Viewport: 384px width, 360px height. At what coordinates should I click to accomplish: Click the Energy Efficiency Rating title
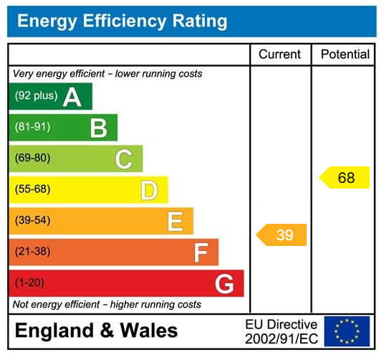point(122,21)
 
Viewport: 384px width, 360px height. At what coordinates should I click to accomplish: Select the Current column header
point(280,55)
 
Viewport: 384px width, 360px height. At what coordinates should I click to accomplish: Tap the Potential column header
point(345,55)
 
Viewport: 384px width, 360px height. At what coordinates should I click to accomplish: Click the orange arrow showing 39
point(282,235)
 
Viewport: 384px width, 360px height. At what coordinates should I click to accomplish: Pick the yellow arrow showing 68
point(345,178)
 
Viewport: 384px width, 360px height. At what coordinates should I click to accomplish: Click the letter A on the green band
point(72,97)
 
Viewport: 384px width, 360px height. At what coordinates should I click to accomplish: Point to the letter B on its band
point(98,128)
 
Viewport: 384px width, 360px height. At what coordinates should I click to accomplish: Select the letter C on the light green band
point(123,159)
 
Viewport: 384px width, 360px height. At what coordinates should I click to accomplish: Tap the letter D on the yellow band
point(148,191)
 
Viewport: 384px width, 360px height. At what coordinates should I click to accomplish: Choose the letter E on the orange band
point(175,222)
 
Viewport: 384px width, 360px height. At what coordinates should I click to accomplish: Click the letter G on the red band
point(224,285)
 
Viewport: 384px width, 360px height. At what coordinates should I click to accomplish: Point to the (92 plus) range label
point(36,96)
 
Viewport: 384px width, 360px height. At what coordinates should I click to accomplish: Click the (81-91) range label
point(32,128)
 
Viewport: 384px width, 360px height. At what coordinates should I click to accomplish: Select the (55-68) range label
point(32,190)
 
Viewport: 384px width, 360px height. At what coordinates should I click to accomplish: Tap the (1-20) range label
point(29,283)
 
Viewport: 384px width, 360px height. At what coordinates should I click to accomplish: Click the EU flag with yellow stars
point(347,331)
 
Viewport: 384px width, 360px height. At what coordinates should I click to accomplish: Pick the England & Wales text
point(96,331)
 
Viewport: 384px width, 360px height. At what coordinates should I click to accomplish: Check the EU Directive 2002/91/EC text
point(281,331)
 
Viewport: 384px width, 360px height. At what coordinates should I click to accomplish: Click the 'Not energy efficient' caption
point(107,305)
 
